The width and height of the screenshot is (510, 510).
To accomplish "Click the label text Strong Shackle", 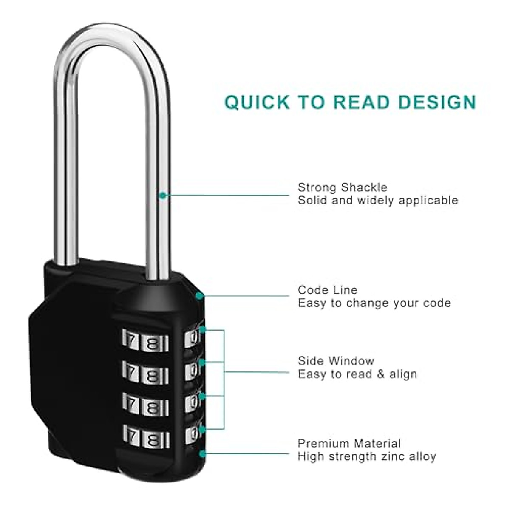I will (342, 187).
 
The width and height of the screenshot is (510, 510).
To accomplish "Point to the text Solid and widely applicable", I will (378, 201).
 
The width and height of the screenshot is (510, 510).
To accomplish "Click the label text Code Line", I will (327, 290).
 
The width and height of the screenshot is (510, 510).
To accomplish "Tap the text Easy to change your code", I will (374, 303).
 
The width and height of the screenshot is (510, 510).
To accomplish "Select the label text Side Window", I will (336, 361).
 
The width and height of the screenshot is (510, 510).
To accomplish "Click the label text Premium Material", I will (349, 444).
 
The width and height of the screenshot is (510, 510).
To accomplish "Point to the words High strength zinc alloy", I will (366, 457).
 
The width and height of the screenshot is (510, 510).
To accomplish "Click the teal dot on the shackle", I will (162, 195).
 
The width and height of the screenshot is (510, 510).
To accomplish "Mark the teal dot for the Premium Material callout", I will (202, 454).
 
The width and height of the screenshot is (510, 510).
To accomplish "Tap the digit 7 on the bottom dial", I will (132, 436).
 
